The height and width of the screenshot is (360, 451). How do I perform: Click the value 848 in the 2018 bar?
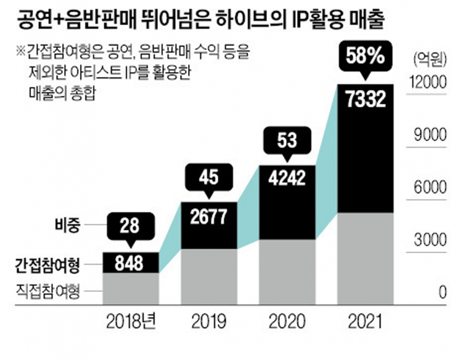click(130, 263)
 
